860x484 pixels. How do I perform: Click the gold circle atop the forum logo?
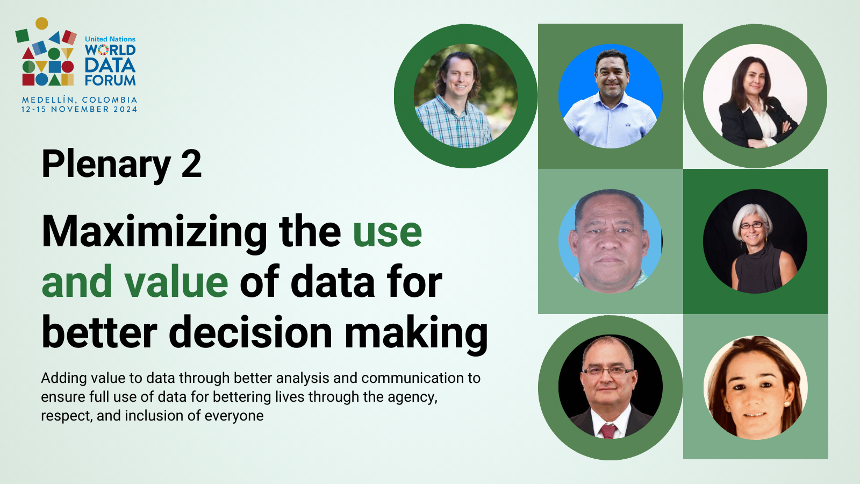(x=42, y=24)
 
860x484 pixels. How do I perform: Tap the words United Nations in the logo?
(x=110, y=39)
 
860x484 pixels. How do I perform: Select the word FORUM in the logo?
(x=110, y=80)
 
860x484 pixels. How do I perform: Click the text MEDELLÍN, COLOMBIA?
(x=80, y=100)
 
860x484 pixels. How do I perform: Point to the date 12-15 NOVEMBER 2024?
(x=80, y=110)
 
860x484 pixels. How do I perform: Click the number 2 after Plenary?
(x=191, y=165)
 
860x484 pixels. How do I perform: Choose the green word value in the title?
(x=176, y=282)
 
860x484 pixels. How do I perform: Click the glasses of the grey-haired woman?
(x=751, y=225)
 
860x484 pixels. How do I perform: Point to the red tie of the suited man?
(x=608, y=431)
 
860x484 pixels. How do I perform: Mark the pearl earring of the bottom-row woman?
(x=787, y=404)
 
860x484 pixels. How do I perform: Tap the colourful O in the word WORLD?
(x=103, y=51)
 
